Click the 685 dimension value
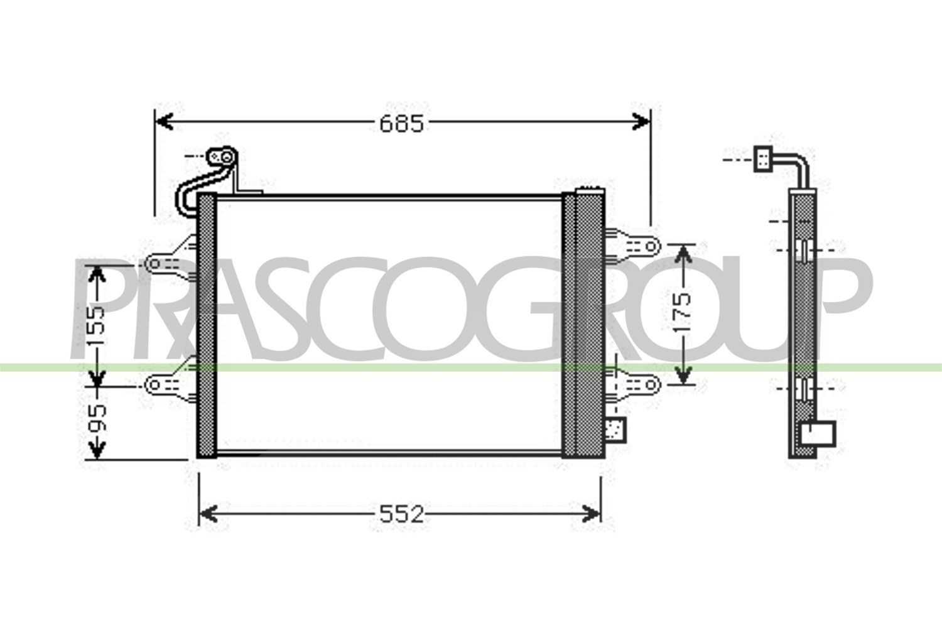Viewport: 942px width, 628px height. (402, 124)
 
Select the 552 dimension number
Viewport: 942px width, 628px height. (402, 514)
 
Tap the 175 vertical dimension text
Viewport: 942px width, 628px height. (682, 311)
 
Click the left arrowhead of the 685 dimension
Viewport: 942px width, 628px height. (165, 122)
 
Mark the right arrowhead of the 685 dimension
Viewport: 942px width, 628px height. (641, 122)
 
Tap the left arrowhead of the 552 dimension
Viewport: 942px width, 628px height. (208, 514)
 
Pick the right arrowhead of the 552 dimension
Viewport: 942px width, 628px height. (592, 514)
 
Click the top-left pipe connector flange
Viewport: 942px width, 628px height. (222, 157)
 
